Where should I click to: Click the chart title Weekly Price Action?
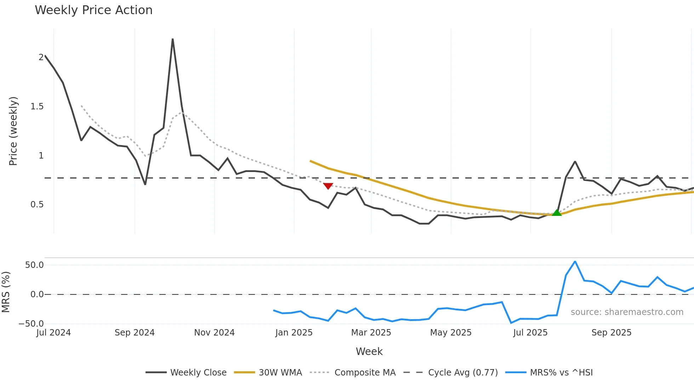point(93,10)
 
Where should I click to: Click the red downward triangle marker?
point(328,186)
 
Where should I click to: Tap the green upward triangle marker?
point(557,213)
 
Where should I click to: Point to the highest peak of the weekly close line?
point(172,39)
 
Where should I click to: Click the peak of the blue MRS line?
point(575,262)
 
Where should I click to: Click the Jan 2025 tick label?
point(294,333)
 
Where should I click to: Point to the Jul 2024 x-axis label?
point(53,333)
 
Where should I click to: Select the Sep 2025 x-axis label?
point(611,333)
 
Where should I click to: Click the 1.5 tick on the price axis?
point(37,107)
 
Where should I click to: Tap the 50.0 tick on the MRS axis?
point(34,265)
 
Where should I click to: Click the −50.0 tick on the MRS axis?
point(31,324)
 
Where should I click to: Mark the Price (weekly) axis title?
point(13,131)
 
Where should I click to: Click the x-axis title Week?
point(369,351)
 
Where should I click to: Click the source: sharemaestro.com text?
point(627,312)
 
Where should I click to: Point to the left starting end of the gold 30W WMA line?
point(311,161)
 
